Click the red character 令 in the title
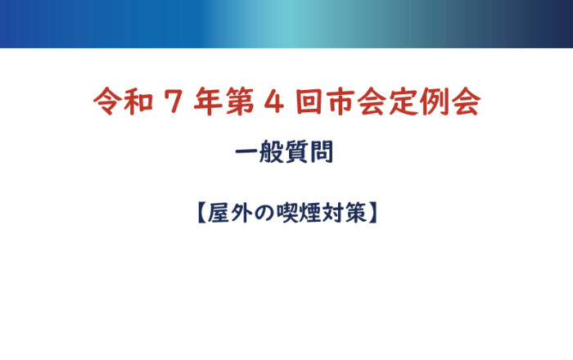(107, 101)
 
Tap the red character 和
(138, 101)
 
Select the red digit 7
(174, 101)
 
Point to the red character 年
(208, 101)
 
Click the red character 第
(240, 101)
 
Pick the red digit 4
(273, 101)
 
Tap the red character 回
(309, 101)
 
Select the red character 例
(434, 101)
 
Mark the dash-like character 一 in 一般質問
(246, 151)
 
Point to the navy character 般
(272, 151)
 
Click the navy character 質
(296, 151)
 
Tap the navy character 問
(322, 151)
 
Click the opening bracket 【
(201, 213)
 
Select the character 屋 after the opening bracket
(219, 213)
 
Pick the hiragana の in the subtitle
(264, 214)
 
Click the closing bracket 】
(372, 213)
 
